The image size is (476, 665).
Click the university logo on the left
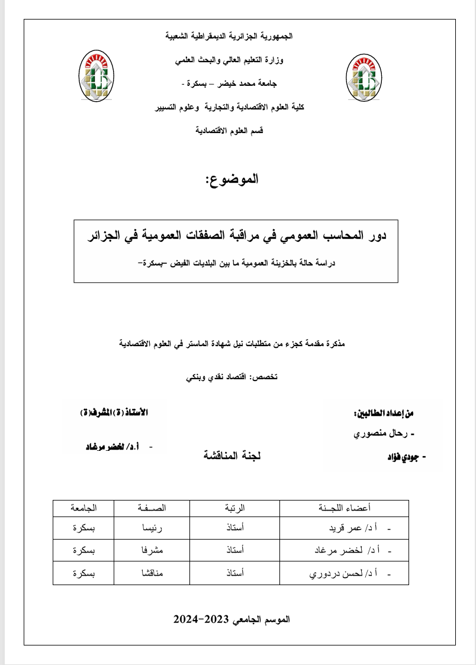pos(98,78)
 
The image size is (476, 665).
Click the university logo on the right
pos(363,78)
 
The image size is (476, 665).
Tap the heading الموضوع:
pos(231,179)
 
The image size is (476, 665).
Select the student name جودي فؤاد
pos(402,457)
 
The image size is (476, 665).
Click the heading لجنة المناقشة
pos(233,456)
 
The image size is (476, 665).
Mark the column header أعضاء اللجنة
pos(345,508)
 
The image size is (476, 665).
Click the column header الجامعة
pos(83,508)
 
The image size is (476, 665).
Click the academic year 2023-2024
pos(231,619)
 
